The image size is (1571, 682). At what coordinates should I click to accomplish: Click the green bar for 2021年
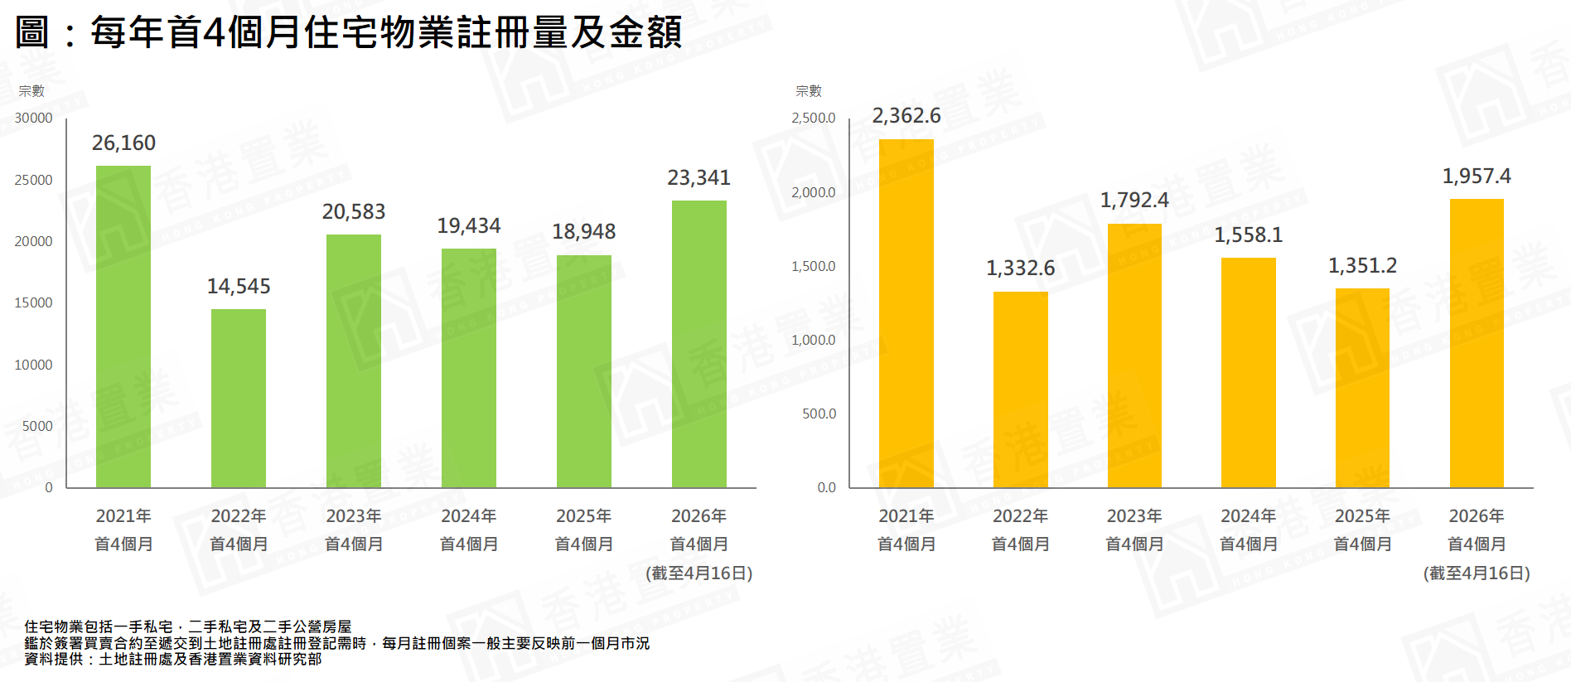[x=123, y=326]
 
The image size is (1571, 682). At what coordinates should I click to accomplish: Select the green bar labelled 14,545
[x=239, y=398]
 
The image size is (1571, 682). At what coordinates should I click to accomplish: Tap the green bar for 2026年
[x=699, y=344]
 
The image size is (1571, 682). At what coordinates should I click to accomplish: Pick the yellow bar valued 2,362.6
[x=906, y=313]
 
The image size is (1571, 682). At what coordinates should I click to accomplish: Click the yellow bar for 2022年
[x=1021, y=389]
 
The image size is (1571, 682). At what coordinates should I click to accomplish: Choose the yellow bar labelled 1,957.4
[x=1477, y=343]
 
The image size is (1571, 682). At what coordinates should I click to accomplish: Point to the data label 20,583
[x=354, y=212]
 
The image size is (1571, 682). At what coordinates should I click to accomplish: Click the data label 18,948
[x=584, y=232]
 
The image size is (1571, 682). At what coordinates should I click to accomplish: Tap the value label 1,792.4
[x=1134, y=201]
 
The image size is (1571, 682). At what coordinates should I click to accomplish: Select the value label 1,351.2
[x=1362, y=266]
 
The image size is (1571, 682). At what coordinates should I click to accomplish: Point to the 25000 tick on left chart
[x=33, y=180]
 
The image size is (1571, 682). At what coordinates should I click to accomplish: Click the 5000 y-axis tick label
[x=37, y=426]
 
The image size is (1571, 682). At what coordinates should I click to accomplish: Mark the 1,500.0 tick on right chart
[x=814, y=266]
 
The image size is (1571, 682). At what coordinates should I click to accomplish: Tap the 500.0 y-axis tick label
[x=819, y=414]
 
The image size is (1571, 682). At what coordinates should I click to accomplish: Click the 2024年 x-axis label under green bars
[x=469, y=516]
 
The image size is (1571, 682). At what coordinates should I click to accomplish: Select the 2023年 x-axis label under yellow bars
[x=1134, y=516]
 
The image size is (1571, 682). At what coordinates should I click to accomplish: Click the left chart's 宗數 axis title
[x=31, y=91]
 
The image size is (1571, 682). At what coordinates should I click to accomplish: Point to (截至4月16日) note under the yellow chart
[x=1477, y=573]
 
